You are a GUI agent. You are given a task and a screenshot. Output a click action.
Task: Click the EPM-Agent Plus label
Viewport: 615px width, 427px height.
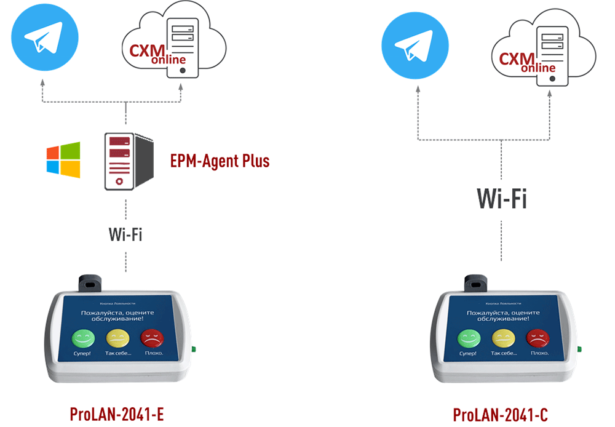220,161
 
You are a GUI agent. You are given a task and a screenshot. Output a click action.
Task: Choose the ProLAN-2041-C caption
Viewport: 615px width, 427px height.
500,415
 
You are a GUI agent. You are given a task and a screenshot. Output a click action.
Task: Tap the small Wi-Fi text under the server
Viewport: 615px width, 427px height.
125,234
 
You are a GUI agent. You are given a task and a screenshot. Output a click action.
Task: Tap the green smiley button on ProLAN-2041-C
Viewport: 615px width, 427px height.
467,338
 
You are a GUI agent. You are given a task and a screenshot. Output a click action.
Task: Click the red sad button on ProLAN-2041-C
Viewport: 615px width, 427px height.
537,338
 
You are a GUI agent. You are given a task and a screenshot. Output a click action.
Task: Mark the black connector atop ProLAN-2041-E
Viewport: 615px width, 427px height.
90,284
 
